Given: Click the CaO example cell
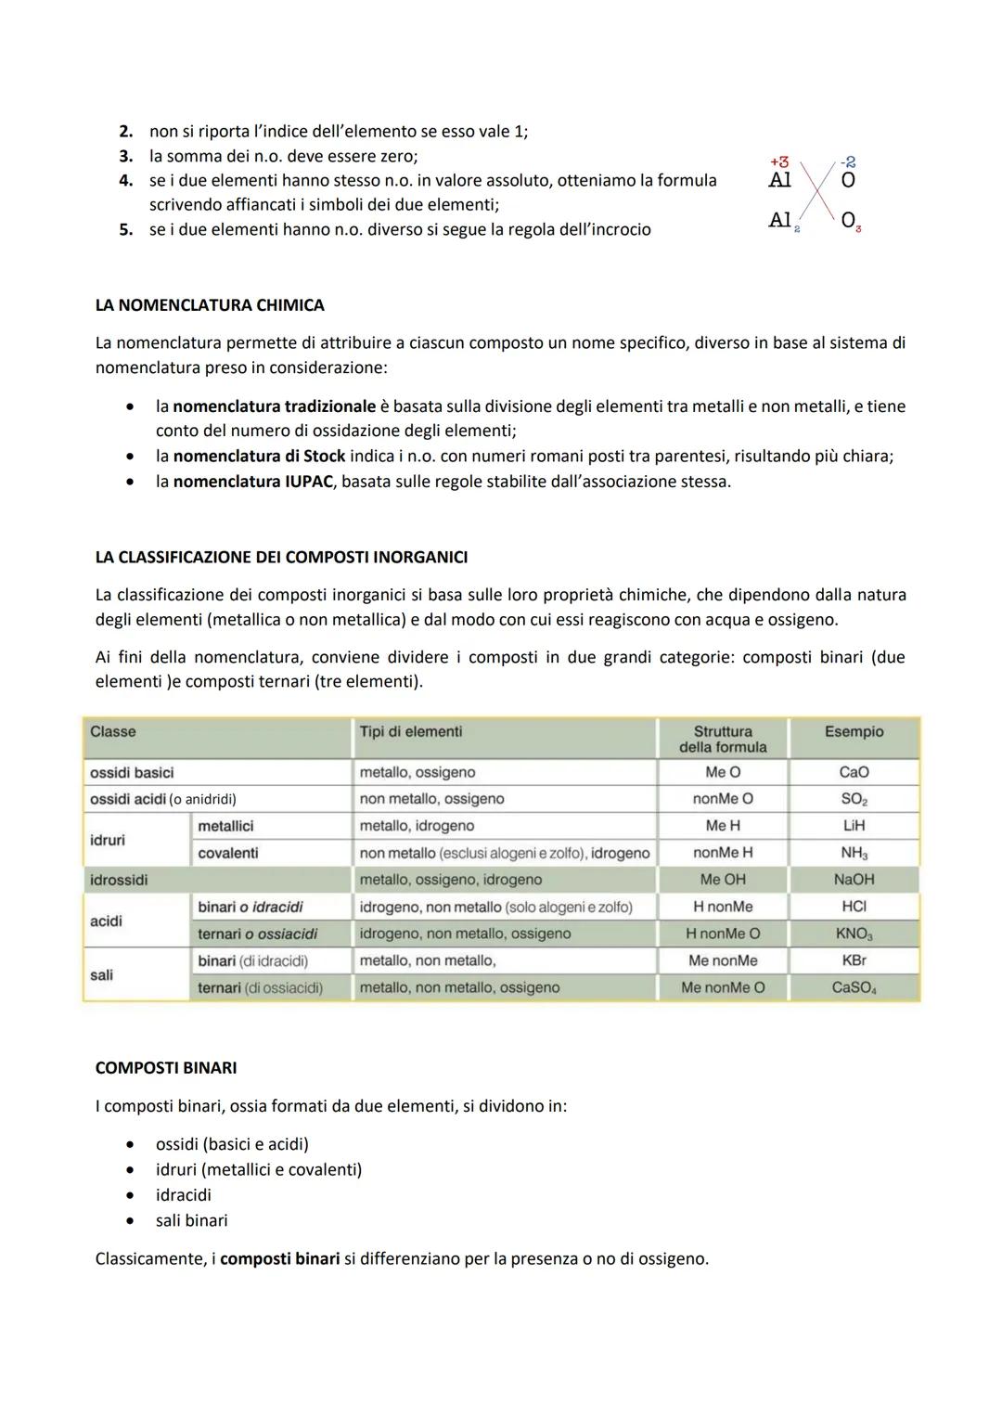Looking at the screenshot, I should pos(854,772).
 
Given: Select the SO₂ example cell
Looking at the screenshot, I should pos(854,799).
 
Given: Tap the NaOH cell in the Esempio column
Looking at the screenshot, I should pos(854,879).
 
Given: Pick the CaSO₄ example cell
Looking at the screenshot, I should pos(854,987).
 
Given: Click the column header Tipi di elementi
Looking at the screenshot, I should pos(410,731).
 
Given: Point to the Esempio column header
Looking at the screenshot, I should pos(854,731).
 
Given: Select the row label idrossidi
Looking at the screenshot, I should pos(119,879).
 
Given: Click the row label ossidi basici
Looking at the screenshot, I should pos(132,772).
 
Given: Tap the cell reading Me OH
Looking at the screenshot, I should pos(723,879).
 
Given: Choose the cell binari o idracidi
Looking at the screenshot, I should pos(250,907).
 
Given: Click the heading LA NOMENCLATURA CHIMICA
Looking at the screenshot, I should pos(210,305).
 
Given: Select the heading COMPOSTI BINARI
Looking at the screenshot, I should pos(166,1068).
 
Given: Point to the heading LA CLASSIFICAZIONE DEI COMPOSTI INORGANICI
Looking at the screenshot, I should pos(281,558).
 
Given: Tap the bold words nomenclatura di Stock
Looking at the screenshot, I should pos(259,456).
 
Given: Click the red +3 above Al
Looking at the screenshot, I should pos(779,162).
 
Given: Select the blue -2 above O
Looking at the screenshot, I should pos(847,162).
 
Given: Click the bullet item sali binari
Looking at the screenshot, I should pos(191,1220).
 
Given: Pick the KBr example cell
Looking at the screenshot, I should pos(854,960).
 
